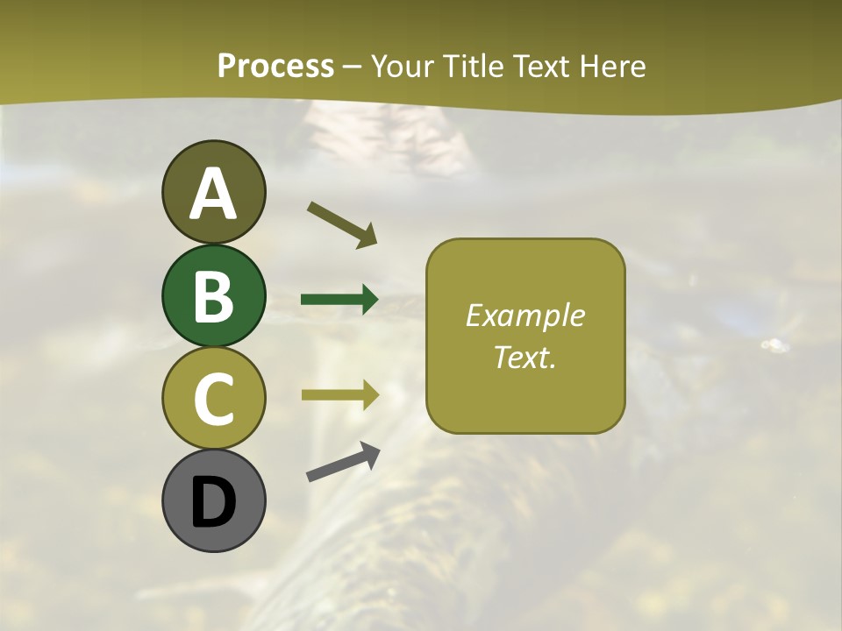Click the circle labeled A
click(x=213, y=192)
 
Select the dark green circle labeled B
click(x=213, y=295)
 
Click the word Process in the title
click(x=275, y=66)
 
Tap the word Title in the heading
click(x=470, y=66)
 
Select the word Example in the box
click(x=524, y=315)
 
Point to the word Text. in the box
click(x=524, y=357)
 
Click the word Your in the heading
click(x=401, y=66)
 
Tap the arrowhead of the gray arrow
click(x=369, y=453)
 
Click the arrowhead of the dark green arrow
click(x=368, y=300)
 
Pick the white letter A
click(x=213, y=194)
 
